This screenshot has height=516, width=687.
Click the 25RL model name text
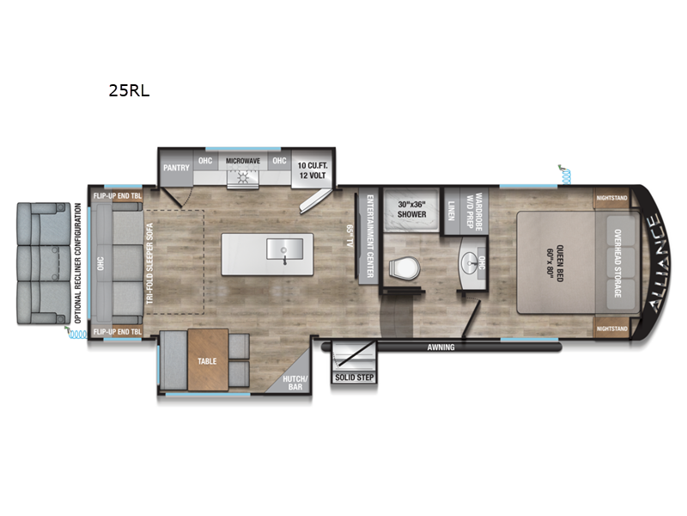click(x=130, y=89)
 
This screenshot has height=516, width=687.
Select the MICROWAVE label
click(x=243, y=161)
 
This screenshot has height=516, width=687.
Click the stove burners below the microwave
click(x=242, y=177)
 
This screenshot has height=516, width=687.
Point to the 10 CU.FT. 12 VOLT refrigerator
click(x=313, y=169)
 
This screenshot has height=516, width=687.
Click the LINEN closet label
click(x=453, y=210)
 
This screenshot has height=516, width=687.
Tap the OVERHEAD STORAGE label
click(x=617, y=263)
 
